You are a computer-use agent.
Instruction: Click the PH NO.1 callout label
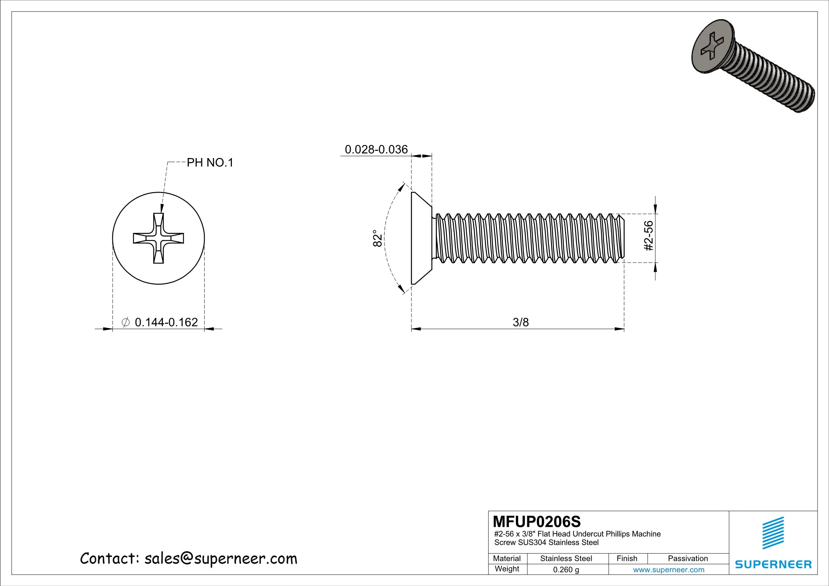[x=210, y=163]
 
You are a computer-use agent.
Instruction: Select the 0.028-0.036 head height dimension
[x=376, y=150]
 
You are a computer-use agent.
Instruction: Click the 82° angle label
[x=377, y=239]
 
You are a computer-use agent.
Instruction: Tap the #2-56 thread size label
[x=648, y=236]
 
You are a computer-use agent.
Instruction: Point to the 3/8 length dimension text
[x=521, y=323]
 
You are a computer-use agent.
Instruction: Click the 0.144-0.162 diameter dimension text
[x=166, y=322]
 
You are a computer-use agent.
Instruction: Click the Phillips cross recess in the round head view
[x=158, y=238]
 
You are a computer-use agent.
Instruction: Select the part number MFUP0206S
[x=537, y=522]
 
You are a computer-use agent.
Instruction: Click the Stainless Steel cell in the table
[x=566, y=559]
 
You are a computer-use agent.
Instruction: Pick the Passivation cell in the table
[x=688, y=559]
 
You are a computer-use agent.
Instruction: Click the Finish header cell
[x=627, y=559]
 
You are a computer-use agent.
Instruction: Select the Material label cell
[x=507, y=559]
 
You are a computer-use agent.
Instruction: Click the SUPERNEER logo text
[x=773, y=565]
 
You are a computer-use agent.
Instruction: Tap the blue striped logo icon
[x=773, y=533]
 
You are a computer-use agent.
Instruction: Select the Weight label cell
[x=507, y=569]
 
